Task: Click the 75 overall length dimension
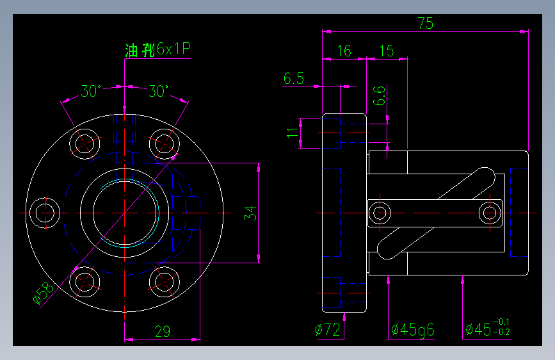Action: [425, 24]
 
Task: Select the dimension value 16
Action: [344, 51]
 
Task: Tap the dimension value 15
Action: [386, 51]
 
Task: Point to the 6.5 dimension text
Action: [293, 78]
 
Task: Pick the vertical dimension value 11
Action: [293, 133]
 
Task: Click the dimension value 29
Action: [163, 331]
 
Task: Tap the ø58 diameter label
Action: [44, 291]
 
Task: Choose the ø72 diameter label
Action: [327, 330]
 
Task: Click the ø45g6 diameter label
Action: [412, 330]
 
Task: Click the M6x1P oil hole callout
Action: [158, 49]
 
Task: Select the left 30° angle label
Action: [91, 91]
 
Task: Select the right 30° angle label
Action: [158, 91]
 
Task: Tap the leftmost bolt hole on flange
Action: [45, 212]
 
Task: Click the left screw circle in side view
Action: [380, 212]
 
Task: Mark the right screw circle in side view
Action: [490, 212]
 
